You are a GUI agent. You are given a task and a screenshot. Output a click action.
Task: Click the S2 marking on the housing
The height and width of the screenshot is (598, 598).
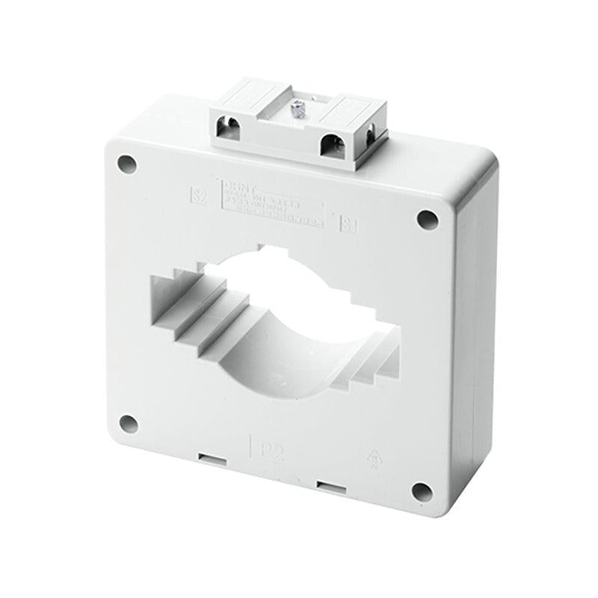point(198,197)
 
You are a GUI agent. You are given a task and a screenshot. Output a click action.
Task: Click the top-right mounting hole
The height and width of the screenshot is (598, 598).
point(425,219)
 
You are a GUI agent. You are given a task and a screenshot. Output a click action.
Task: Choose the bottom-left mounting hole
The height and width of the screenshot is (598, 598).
point(128,424)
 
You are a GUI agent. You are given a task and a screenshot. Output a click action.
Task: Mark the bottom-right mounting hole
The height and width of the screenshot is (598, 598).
point(422,492)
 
